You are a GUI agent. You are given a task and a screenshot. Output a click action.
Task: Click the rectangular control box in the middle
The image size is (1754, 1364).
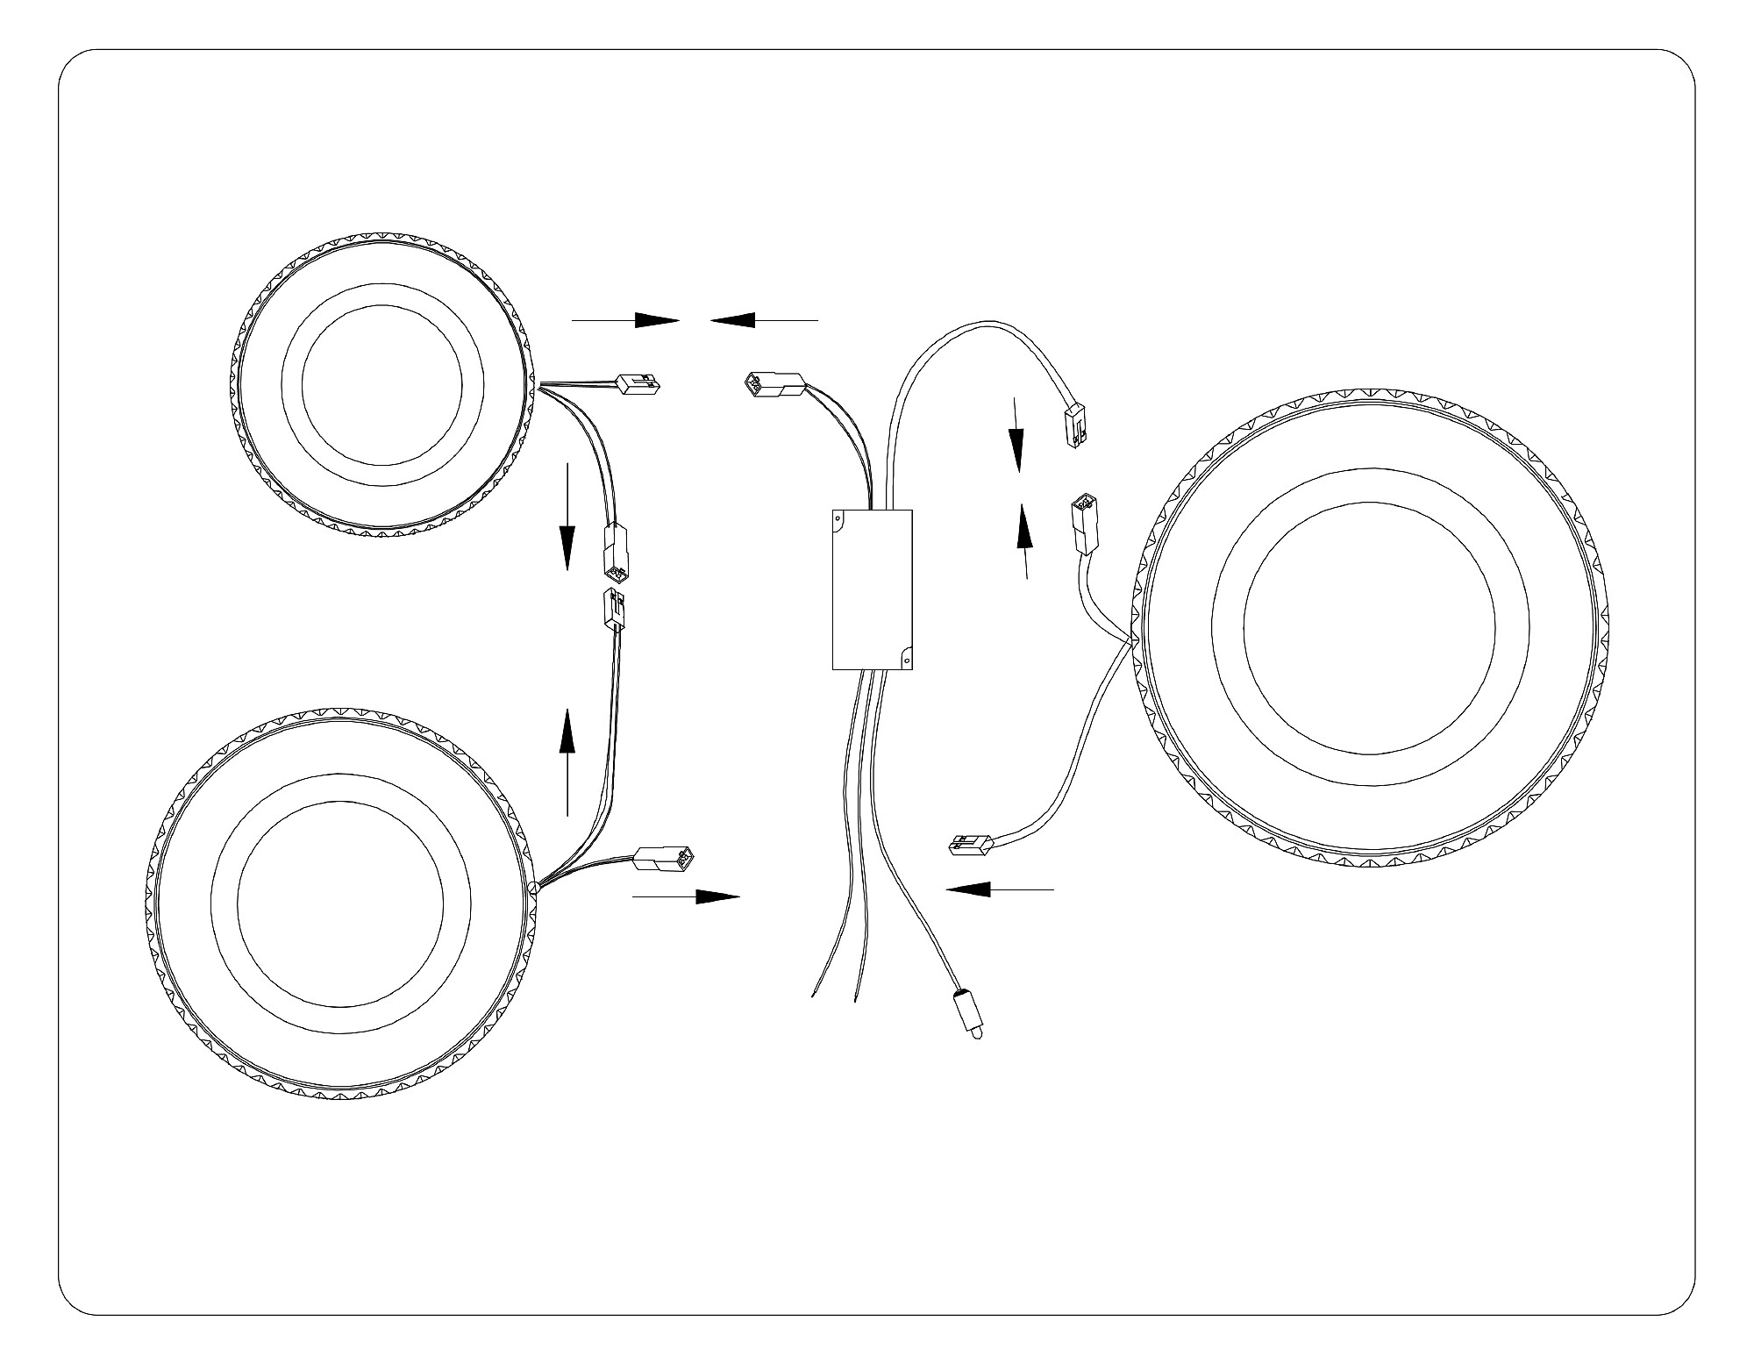[872, 589]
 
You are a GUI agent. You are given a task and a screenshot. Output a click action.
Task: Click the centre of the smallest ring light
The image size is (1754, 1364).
[381, 382]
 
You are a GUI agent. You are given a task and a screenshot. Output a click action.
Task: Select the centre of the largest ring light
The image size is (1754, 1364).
[1369, 626]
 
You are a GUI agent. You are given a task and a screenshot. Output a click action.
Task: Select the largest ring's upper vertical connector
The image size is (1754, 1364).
[1082, 525]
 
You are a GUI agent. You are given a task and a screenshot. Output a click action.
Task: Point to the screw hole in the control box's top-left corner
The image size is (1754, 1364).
[838, 519]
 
